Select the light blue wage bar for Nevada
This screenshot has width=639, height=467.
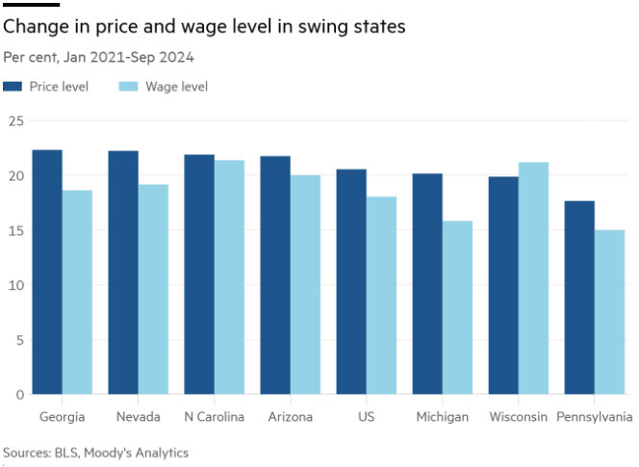click(153, 289)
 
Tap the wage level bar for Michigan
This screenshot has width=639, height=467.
click(457, 307)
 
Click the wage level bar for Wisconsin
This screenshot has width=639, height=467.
click(533, 278)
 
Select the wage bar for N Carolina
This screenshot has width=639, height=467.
click(229, 277)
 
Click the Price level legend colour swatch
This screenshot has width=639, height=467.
click(13, 87)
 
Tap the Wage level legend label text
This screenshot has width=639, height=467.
click(176, 87)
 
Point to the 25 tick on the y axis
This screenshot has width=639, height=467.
click(15, 120)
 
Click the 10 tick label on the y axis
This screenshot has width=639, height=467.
click(15, 285)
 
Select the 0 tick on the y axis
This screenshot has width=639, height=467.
click(19, 394)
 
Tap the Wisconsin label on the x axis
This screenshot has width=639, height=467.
click(518, 417)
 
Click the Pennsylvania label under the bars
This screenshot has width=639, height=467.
click(595, 417)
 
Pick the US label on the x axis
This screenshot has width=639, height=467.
click(366, 417)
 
